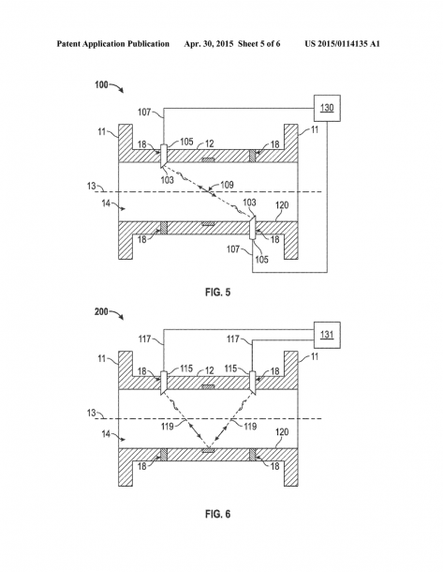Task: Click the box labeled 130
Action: [x=327, y=108]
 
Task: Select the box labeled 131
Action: [x=327, y=335]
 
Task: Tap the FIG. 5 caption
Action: [x=218, y=293]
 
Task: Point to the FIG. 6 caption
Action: [x=218, y=514]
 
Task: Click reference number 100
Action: [x=102, y=85]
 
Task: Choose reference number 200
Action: [x=102, y=312]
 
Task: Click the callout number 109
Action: [x=227, y=185]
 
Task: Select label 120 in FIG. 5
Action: [x=282, y=205]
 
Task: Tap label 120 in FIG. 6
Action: [x=282, y=432]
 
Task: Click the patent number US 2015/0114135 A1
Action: [x=343, y=44]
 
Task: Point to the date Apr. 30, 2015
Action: [x=209, y=44]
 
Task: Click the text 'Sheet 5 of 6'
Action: [x=259, y=44]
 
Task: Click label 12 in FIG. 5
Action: [x=209, y=143]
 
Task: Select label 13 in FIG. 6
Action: [x=92, y=413]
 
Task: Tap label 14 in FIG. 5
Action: [x=106, y=203]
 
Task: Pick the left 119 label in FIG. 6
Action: [x=168, y=426]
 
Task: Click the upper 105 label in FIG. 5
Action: [x=186, y=142]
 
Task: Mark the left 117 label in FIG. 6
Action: [x=144, y=339]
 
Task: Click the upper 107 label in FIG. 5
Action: [x=144, y=112]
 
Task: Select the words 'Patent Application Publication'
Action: [x=113, y=44]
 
